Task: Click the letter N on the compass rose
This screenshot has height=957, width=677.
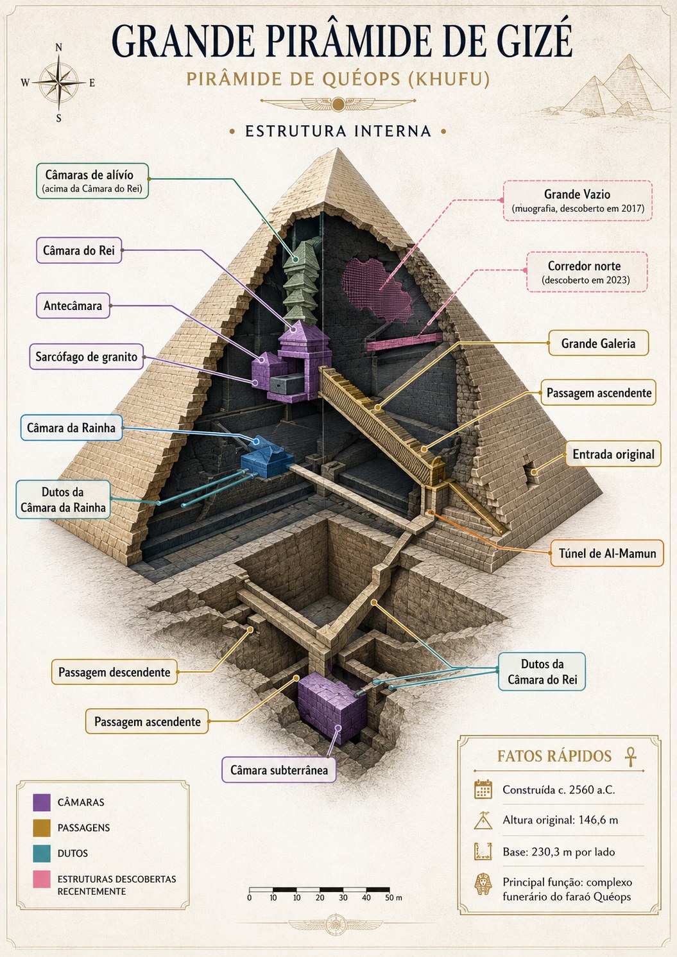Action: tap(59, 47)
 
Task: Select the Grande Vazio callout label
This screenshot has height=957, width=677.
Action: tap(578, 200)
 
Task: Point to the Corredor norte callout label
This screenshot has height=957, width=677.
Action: tap(587, 272)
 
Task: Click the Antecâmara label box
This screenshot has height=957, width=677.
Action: tap(73, 306)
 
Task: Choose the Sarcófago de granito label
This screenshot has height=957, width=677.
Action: tap(86, 356)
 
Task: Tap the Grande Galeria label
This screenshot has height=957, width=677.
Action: tap(598, 343)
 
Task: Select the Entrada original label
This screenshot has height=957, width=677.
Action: tap(613, 454)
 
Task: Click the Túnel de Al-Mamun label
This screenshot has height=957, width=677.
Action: tap(607, 553)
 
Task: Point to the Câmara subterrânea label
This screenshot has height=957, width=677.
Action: tap(279, 770)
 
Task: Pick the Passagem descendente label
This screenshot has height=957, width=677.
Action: tap(114, 672)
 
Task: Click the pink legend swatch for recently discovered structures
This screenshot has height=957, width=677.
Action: tap(42, 879)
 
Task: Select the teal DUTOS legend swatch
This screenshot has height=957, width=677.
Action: tap(42, 853)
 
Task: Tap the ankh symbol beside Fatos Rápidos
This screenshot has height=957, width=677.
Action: tap(630, 756)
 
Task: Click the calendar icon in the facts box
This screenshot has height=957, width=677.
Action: tap(483, 789)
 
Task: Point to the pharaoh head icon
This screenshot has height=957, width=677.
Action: tap(483, 884)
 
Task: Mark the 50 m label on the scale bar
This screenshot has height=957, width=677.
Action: tap(393, 897)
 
